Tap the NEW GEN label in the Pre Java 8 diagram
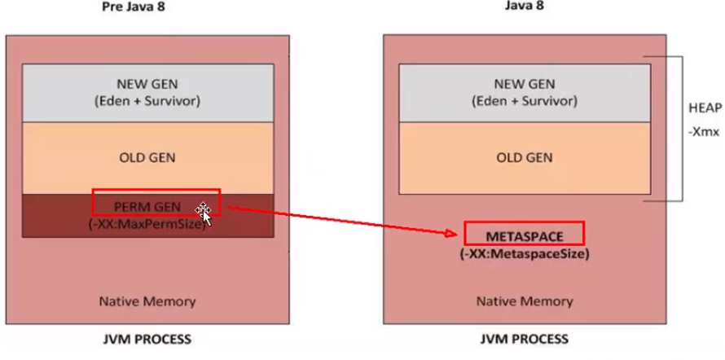click(147, 83)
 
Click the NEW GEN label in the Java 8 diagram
click(524, 83)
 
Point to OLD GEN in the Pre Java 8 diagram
click(147, 157)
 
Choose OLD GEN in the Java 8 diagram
click(524, 157)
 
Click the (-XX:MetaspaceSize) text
click(525, 253)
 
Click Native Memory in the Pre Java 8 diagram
click(147, 301)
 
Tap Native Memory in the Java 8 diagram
click(525, 301)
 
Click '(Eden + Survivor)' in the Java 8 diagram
click(524, 100)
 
